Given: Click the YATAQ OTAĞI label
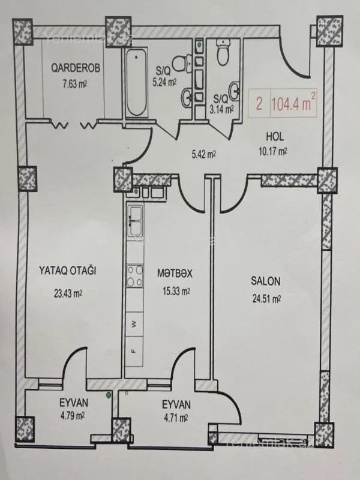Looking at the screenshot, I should point(68,271).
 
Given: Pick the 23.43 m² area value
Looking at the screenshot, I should point(67,293).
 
